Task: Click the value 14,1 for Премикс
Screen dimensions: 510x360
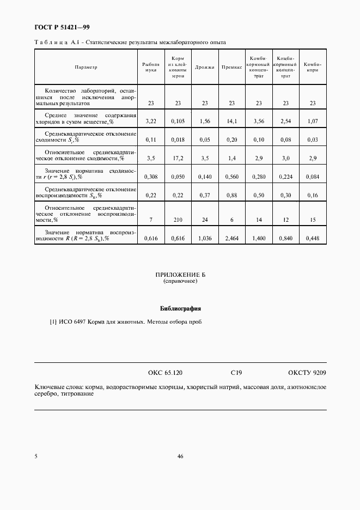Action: click(231, 120)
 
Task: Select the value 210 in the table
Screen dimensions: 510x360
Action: click(178, 220)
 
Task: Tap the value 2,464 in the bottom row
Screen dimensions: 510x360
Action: click(231, 238)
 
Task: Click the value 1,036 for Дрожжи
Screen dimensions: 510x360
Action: click(205, 238)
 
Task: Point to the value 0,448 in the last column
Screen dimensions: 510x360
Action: click(313, 238)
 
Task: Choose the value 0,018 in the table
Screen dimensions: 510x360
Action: click(178, 139)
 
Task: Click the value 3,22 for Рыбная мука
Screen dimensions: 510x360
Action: click(151, 120)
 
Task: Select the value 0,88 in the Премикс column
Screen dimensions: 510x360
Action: click(231, 195)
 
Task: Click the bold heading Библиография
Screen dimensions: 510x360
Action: click(180, 308)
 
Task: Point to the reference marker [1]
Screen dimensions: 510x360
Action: click(53, 322)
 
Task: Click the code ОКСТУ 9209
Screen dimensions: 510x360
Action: click(307, 373)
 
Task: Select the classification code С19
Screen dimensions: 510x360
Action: click(236, 373)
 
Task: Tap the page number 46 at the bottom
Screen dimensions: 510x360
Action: click(180, 457)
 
